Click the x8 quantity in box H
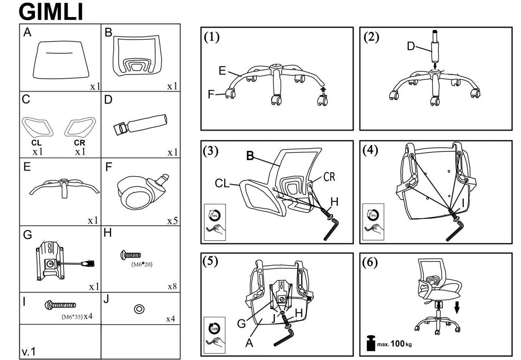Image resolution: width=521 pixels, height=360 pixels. point(172,286)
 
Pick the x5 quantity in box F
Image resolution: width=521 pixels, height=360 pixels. point(172,221)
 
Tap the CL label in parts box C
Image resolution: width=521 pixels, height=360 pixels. point(36,143)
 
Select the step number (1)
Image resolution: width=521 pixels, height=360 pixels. point(212,38)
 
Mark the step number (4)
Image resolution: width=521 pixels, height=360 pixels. point(371,151)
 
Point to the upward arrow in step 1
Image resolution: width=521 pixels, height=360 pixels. point(323,88)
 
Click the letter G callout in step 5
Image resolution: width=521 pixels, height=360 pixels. point(241,323)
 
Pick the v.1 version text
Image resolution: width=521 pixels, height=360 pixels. point(29,352)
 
